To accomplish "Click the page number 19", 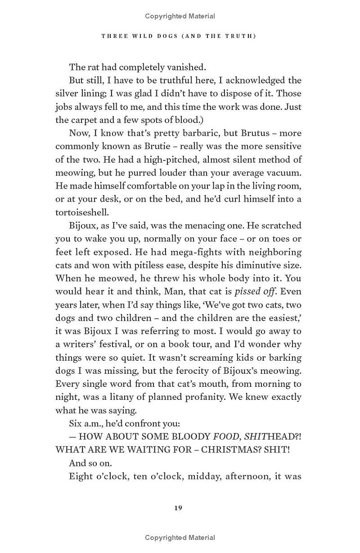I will [x=178, y=508].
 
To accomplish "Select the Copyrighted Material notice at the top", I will [x=180, y=16].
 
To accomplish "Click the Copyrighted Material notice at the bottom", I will [x=180, y=537].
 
